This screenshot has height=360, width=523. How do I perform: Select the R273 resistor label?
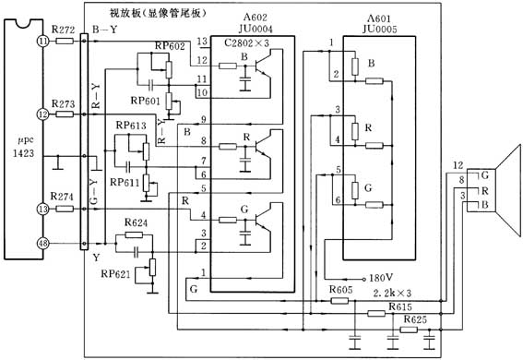click(63, 102)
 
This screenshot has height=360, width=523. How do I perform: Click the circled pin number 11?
click(42, 42)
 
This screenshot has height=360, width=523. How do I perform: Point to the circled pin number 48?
click(42, 244)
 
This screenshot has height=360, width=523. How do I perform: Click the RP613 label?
click(130, 126)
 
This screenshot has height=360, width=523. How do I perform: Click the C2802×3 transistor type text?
click(245, 43)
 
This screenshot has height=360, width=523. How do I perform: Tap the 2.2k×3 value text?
click(407, 293)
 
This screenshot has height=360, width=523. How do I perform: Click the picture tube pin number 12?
click(458, 165)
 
